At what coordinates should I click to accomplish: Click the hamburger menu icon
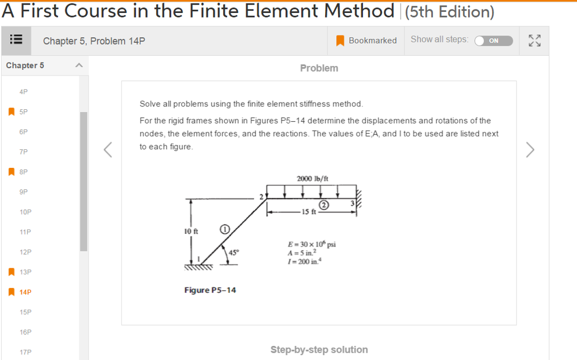[16, 41]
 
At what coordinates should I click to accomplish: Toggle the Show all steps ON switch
[494, 41]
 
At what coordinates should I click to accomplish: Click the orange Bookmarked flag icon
[340, 41]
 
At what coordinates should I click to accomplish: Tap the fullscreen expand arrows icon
[534, 41]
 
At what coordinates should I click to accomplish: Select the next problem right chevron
[530, 150]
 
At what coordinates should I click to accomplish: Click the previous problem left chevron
[109, 150]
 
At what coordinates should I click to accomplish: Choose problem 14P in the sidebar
[25, 292]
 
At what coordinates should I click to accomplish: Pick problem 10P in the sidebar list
[25, 212]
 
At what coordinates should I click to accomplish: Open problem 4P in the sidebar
[23, 91]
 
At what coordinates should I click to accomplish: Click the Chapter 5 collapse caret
[79, 65]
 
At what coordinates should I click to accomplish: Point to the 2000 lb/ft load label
[312, 179]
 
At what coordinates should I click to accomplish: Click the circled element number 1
[224, 229]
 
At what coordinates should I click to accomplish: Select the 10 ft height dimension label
[192, 232]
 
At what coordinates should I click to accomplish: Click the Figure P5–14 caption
[210, 290]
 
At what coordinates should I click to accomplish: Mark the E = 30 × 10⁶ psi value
[312, 245]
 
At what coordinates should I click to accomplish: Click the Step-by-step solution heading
[319, 349]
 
